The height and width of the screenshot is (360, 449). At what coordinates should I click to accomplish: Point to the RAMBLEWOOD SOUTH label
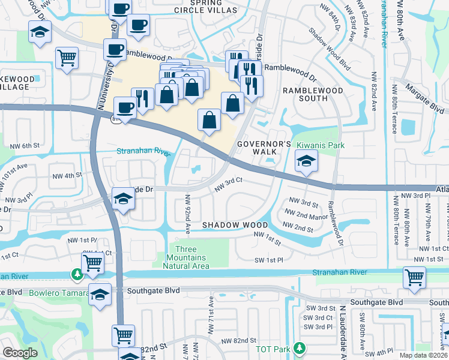[x=313, y=95]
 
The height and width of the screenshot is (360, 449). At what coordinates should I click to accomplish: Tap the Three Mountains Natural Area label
[x=192, y=257]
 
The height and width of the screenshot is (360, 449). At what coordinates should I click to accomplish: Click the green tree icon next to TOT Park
[x=300, y=348]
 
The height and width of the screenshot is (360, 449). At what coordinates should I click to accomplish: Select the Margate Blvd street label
[x=424, y=99]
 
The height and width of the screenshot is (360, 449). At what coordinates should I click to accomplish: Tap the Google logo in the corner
[x=20, y=353]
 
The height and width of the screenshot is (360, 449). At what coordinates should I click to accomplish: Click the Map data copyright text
[x=423, y=356]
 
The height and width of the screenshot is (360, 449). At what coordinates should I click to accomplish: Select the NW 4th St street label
[x=67, y=175]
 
